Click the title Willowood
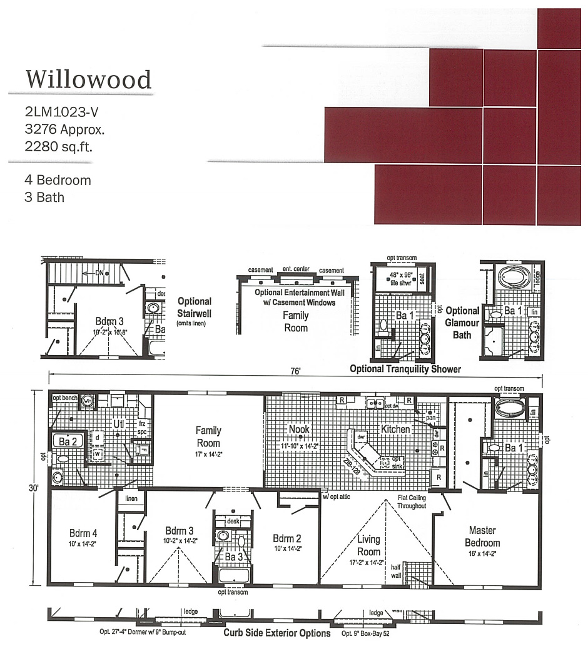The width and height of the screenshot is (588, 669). [x=88, y=80]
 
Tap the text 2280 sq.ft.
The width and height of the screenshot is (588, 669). [x=54, y=147]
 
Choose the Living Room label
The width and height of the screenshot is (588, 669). [x=368, y=545]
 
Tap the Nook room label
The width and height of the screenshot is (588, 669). [x=299, y=429]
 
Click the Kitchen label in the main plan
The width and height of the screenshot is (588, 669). [x=395, y=429]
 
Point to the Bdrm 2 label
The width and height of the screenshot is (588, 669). [x=288, y=538]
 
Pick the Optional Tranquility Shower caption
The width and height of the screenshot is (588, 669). [x=405, y=369]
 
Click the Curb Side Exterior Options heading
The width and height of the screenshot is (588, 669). [x=277, y=633]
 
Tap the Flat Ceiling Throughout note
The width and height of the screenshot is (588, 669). [x=412, y=501]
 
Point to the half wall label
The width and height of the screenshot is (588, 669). [x=395, y=571]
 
